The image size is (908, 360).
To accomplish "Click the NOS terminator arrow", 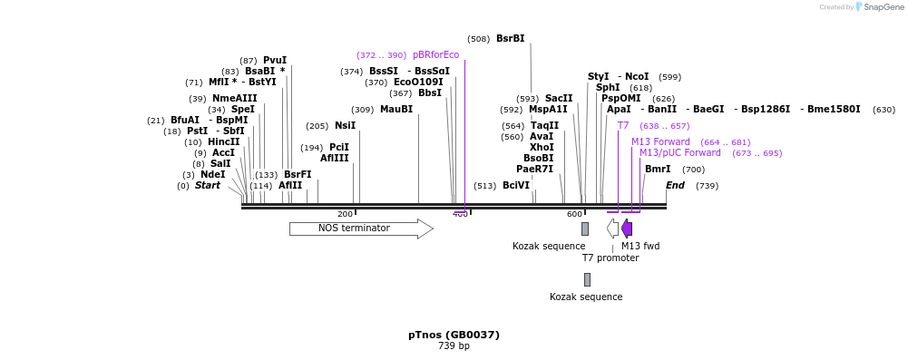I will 360,229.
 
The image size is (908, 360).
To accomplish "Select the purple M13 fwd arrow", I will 627,229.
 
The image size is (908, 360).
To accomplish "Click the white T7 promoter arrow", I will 613,229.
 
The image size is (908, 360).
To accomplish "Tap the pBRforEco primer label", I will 435,55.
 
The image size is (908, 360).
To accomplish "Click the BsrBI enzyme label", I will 510,39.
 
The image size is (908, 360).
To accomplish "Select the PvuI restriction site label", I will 275,61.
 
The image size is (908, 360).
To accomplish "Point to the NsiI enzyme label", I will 345,126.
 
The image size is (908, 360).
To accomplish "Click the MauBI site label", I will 396,110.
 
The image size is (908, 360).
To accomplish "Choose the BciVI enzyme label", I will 516,186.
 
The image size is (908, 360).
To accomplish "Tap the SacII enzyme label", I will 559,99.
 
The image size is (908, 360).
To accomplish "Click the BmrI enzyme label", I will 658,170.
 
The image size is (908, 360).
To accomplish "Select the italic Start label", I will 208,186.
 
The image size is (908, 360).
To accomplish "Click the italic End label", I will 675,186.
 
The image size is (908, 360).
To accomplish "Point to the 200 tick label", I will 345,214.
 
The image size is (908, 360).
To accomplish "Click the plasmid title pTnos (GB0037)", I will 454,335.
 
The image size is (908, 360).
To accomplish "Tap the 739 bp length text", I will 454,346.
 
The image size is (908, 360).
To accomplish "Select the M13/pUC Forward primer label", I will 679,153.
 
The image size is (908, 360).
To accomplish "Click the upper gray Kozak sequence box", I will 585,229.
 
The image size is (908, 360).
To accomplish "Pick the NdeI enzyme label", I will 212,175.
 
